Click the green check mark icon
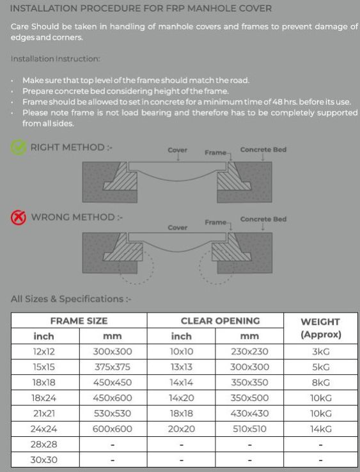coord(19,147)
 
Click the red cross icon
coord(19,217)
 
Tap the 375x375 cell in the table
coord(113,367)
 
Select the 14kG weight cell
coord(320,429)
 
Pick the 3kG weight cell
coord(320,352)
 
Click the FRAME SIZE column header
coord(79,321)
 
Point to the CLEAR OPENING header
coord(220,321)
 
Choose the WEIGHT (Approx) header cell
coord(320,328)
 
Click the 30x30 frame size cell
coord(44,460)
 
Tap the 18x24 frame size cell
coord(44,398)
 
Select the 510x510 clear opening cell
coord(249,429)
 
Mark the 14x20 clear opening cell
coord(181,398)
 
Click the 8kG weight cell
coord(320,382)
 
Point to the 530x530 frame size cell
coord(113,414)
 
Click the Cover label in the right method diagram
coord(177,150)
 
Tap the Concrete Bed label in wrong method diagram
coord(263,219)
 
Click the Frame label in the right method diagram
coord(215,153)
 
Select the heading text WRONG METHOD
coord(73,217)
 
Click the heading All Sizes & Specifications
coord(67,299)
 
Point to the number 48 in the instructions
coord(278,102)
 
